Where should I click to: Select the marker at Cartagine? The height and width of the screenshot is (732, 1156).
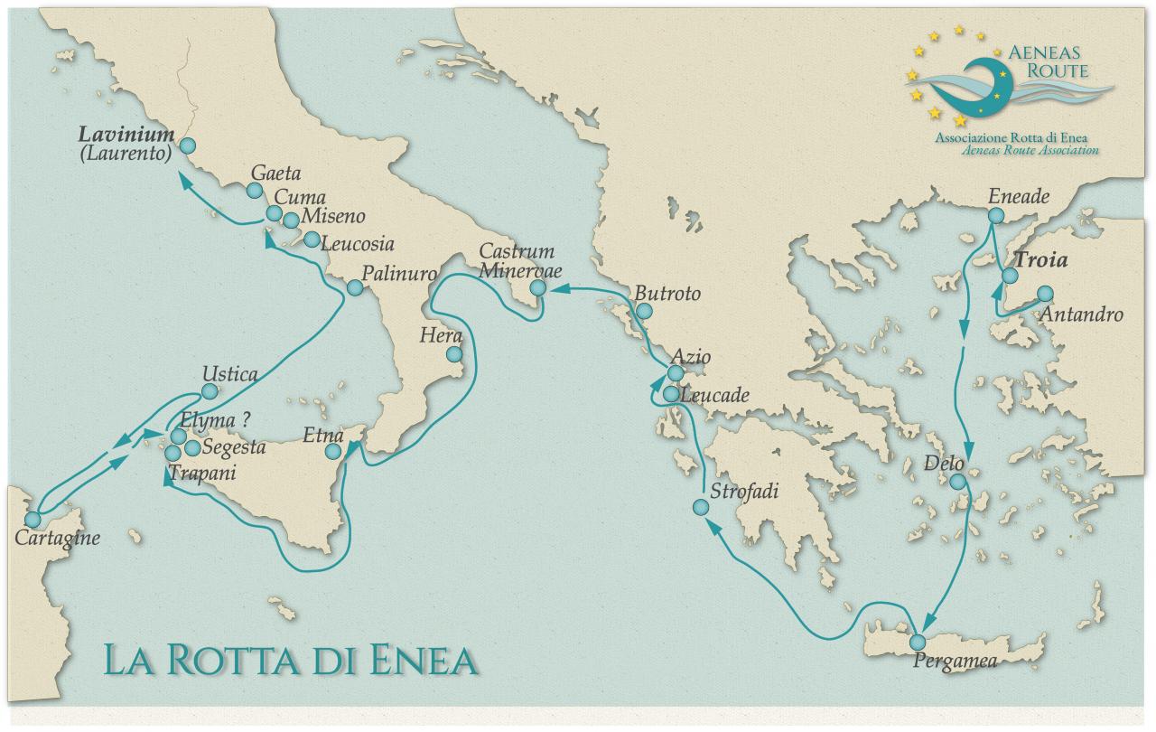click(33, 519)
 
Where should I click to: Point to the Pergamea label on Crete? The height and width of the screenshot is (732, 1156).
click(955, 662)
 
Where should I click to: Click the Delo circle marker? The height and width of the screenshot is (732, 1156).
click(957, 482)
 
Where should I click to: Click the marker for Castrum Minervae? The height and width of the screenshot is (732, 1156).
click(537, 288)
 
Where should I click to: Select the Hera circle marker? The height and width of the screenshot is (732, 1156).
click(455, 355)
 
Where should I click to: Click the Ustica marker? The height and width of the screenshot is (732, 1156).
click(210, 391)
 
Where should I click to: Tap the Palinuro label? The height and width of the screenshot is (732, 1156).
click(399, 272)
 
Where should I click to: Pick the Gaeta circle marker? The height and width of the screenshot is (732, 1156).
click(255, 191)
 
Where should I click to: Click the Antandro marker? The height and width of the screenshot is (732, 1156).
click(1045, 294)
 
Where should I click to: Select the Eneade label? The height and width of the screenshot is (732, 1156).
click(1019, 196)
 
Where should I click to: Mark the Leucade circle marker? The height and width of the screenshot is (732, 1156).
click(670, 394)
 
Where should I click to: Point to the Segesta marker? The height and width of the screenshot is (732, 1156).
click(192, 448)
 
